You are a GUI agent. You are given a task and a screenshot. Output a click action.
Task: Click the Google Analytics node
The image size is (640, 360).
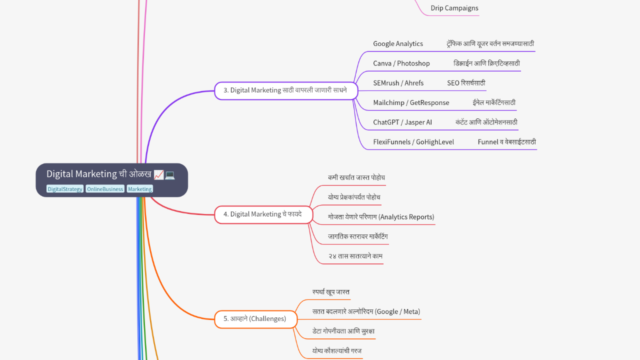point(398,44)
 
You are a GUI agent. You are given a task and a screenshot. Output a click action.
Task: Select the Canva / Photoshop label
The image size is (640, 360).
point(401,63)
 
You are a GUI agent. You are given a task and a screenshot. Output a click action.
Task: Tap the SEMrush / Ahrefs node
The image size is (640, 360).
point(398,83)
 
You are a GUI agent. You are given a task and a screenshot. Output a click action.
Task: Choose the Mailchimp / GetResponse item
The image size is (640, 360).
point(411,103)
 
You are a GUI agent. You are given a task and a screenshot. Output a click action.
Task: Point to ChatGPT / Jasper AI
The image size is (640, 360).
point(402,122)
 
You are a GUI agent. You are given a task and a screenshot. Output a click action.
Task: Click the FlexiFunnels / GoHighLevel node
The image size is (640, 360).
point(413,142)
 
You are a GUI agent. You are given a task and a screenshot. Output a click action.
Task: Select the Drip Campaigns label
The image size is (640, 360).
point(454,8)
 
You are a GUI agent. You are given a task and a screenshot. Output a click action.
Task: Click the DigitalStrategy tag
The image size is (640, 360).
point(65,189)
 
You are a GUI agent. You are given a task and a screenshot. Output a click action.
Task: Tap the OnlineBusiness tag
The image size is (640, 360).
point(105,189)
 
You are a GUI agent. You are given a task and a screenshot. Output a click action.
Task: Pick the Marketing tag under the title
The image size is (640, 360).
point(139,189)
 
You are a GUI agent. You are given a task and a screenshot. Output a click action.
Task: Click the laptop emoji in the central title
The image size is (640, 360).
point(170,174)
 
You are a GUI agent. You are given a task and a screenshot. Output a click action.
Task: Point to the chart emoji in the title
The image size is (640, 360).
point(159,174)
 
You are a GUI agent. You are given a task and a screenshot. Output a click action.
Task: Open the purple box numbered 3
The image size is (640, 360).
point(286,90)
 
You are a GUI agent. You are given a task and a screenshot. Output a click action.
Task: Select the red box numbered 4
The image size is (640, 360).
point(263,214)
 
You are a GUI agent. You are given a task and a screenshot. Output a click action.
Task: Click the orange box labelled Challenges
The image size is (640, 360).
point(255,319)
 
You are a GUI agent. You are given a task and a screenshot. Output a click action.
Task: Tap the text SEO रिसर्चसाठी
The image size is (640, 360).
point(466,83)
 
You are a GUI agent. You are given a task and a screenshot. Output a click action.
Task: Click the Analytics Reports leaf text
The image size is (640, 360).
point(381,217)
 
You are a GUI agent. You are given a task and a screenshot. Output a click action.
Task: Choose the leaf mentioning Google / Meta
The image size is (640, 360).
point(366,311)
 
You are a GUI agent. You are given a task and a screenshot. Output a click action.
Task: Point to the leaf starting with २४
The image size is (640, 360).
point(355,256)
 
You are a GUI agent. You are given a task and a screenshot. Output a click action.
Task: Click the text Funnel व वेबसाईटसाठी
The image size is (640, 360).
point(506,142)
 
